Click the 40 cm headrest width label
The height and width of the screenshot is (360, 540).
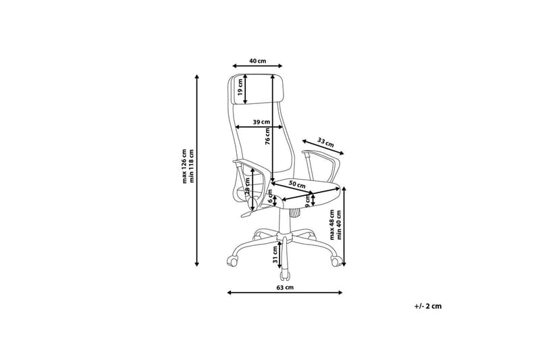258,61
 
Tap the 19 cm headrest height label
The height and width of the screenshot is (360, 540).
240,87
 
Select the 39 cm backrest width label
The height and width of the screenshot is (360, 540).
261,122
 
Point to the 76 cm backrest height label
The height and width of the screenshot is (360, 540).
267,136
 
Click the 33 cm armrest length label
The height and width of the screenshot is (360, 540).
325,143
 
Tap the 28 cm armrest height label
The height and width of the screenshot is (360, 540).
247,187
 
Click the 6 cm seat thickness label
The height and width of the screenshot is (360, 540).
271,199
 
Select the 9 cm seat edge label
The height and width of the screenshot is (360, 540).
308,201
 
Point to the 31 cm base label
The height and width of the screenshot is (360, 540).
275,255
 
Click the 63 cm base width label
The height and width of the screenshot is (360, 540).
285,287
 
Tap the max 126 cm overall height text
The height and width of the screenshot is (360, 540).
184,166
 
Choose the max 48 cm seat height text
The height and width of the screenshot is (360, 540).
331,225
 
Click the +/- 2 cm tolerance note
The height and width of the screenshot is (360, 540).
428,306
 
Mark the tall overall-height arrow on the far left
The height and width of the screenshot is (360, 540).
197,170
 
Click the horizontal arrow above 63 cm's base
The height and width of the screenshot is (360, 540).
285,292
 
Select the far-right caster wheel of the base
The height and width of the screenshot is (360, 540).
335,260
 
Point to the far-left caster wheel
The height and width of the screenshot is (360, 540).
232,260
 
